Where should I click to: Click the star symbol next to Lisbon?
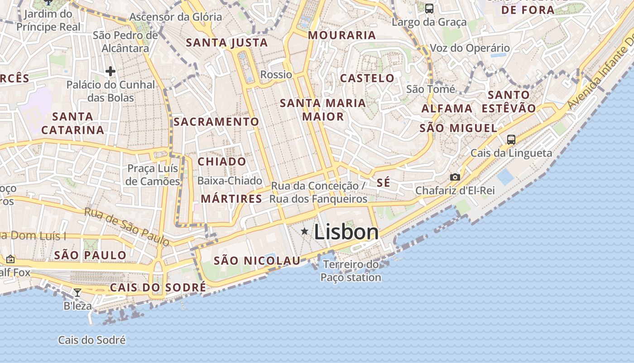pos(304,231)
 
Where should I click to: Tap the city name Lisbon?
pos(346,232)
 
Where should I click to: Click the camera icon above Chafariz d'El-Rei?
pos(455,177)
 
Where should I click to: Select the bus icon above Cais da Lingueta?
pos(511,139)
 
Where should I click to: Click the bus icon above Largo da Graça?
pos(429,8)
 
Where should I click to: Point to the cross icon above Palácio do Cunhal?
pos(110,71)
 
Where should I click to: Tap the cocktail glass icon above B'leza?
pos(77,292)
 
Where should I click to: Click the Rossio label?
pos(276,74)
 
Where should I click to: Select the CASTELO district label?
pos(367,78)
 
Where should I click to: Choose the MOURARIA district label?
pos(342,35)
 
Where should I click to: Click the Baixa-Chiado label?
pos(230,181)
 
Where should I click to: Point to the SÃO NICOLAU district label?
pos(257,260)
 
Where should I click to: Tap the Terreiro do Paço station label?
pos(351,271)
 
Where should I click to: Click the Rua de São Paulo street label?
pos(127,226)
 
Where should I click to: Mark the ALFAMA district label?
pos(447,108)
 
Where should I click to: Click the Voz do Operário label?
pos(469,48)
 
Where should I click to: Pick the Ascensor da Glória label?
pos(176,17)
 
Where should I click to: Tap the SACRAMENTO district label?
pos(216,122)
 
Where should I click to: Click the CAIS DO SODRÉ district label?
pos(158,287)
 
